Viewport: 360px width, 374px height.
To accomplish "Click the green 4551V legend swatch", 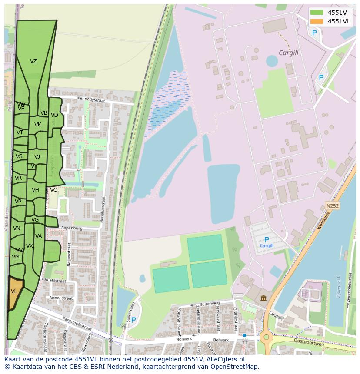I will tap(317, 12).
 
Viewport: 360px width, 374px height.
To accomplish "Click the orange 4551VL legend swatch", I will tap(317, 21).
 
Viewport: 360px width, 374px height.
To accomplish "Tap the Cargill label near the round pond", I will tap(289, 53).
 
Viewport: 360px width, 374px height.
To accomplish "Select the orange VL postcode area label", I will tap(14, 291).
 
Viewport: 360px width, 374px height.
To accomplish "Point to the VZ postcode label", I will tap(33, 61).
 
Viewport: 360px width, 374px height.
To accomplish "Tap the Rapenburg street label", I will tap(72, 228).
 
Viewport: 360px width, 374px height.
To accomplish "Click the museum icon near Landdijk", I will tap(263, 298).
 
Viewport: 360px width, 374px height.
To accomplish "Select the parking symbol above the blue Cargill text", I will tap(267, 239).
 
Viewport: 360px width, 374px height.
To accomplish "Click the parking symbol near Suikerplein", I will tap(133, 320).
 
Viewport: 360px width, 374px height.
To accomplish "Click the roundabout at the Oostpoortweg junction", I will tap(265, 337).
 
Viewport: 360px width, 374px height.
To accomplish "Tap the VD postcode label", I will tap(54, 115).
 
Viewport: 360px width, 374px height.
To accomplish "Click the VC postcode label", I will tap(53, 190).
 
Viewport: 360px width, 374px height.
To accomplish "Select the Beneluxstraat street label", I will tap(103, 209).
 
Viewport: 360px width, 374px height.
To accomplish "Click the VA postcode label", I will tap(39, 236).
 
